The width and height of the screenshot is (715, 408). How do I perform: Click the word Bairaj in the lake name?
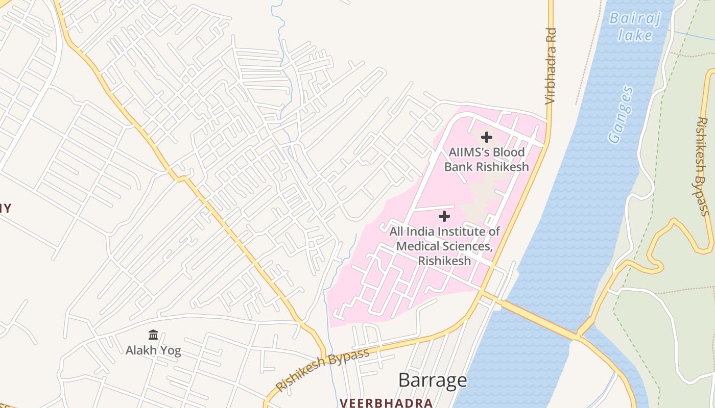pos(635,19)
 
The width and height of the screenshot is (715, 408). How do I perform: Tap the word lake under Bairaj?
pos(635,35)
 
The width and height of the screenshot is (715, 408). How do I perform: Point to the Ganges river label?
pos(621,115)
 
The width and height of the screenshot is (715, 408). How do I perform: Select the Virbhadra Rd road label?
pos(550,66)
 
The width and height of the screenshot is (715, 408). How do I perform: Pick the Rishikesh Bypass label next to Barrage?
pos(322,370)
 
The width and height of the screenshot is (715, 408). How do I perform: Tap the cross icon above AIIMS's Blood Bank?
pos(487,137)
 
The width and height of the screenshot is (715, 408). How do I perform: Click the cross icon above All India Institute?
pos(444,216)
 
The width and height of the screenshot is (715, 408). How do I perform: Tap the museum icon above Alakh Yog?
pos(153,335)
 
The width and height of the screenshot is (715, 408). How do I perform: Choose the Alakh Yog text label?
pos(153,351)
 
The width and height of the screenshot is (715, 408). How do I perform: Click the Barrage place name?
pos(433,380)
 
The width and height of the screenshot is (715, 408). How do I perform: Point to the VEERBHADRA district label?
pos(386,403)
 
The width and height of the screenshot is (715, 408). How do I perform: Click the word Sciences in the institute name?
pos(466,246)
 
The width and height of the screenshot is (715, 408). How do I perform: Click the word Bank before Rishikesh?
pos(458,167)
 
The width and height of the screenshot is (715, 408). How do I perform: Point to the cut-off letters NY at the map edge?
pos(5,208)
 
